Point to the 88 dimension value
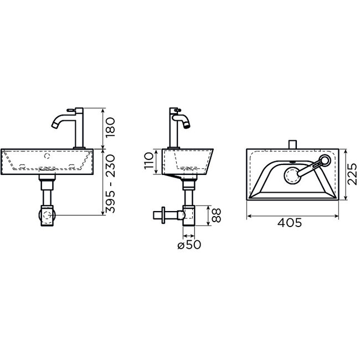click(x=217, y=215)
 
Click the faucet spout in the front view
click(x=58, y=121)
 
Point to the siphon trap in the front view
click(x=47, y=215)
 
